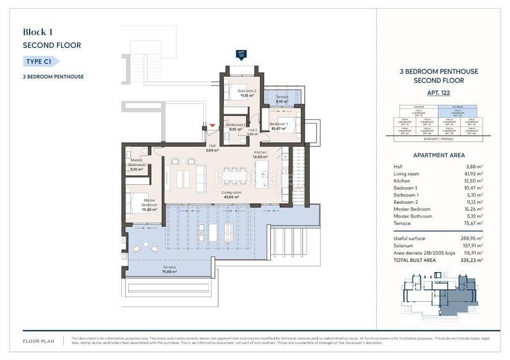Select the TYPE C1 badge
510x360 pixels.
click(40, 62)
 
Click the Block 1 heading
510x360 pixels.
click(37, 32)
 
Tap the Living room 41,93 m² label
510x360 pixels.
click(231, 194)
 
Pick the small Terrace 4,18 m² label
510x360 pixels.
click(282, 99)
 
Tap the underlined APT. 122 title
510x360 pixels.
click(437, 93)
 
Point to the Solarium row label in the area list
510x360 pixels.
click(404, 246)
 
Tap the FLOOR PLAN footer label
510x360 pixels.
click(38, 341)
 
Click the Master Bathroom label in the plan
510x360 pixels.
click(136, 166)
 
